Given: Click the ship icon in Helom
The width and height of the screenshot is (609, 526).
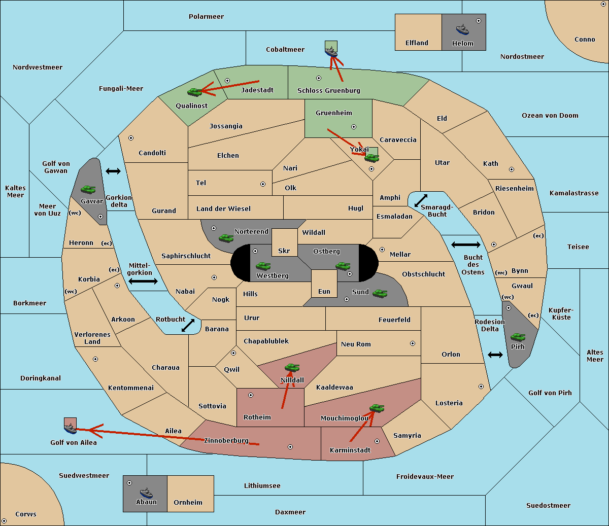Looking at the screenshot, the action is pos(462,30).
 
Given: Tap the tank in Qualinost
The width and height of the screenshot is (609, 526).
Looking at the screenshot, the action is pos(195,92).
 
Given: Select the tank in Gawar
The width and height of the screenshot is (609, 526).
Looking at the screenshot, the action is pos(88,189).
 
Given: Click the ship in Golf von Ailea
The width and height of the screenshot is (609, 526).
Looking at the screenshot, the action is pos(71,429).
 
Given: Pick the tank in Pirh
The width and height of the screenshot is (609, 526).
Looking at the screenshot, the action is pos(518,337).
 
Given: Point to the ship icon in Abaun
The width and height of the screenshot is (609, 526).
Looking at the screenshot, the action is pos(147,493).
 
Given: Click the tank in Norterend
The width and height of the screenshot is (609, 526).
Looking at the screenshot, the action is pos(226,238).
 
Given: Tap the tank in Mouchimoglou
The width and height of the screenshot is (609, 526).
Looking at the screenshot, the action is pos(377,408).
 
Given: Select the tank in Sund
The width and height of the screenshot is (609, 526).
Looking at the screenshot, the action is pos(380,293).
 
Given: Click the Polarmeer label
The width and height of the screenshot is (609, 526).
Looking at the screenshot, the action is pos(206,17).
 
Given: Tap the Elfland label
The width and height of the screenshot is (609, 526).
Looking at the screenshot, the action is pos(417,43).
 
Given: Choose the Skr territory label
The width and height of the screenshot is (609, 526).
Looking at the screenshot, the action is pos(284,251).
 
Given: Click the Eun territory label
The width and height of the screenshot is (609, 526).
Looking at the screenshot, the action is pos(324,291).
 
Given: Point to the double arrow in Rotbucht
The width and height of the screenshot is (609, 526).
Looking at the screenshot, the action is pos(188,326).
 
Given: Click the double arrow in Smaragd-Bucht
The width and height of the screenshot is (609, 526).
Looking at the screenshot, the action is pos(421,200).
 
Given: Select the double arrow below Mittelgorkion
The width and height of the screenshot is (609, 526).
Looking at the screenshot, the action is pos(143,281).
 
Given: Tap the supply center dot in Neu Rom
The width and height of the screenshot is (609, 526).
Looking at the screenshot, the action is pos(413,343).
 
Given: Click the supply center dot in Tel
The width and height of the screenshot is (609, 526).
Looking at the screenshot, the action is pos(263,184).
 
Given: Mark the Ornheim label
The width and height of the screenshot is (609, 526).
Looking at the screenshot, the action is pos(188,502).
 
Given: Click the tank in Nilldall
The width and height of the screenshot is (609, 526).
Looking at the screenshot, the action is pos(292,368).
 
